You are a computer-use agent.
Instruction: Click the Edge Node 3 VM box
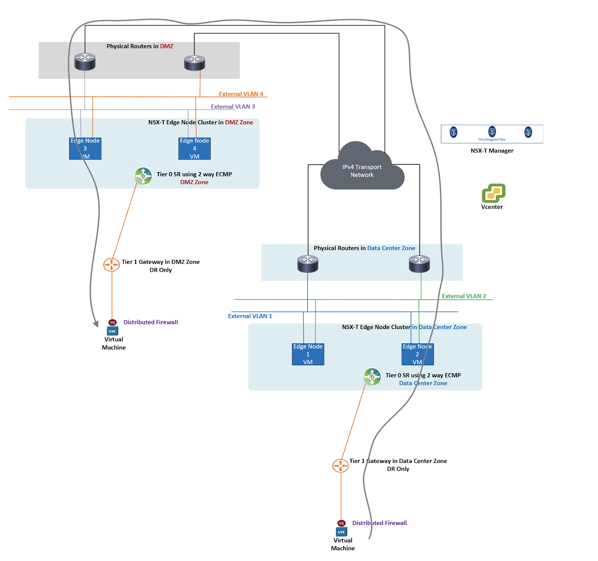pyautogui.click(x=85, y=148)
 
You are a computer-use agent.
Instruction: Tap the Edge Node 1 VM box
pyautogui.click(x=308, y=354)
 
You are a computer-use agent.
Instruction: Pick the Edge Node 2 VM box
pyautogui.click(x=417, y=354)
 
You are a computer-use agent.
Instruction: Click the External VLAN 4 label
pyautogui.click(x=241, y=94)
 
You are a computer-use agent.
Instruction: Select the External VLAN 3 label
pyautogui.click(x=233, y=107)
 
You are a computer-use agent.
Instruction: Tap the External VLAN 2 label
pyautogui.click(x=464, y=296)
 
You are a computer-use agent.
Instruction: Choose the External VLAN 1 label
pyautogui.click(x=250, y=316)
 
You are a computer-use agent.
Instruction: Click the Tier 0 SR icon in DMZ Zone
pyautogui.click(x=143, y=176)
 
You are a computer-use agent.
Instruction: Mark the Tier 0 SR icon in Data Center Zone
pyautogui.click(x=372, y=377)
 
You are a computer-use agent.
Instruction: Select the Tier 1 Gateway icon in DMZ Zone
pyautogui.click(x=111, y=264)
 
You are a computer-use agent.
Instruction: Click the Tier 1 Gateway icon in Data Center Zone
pyautogui.click(x=340, y=465)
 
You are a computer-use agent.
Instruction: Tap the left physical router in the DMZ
pyautogui.click(x=85, y=62)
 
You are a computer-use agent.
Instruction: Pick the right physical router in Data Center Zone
pyautogui.click(x=419, y=263)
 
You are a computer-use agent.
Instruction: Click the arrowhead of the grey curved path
pyautogui.click(x=96, y=324)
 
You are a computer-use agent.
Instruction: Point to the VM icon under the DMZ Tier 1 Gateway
pyautogui.click(x=112, y=331)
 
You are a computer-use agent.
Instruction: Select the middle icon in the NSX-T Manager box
pyautogui.click(x=492, y=131)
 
